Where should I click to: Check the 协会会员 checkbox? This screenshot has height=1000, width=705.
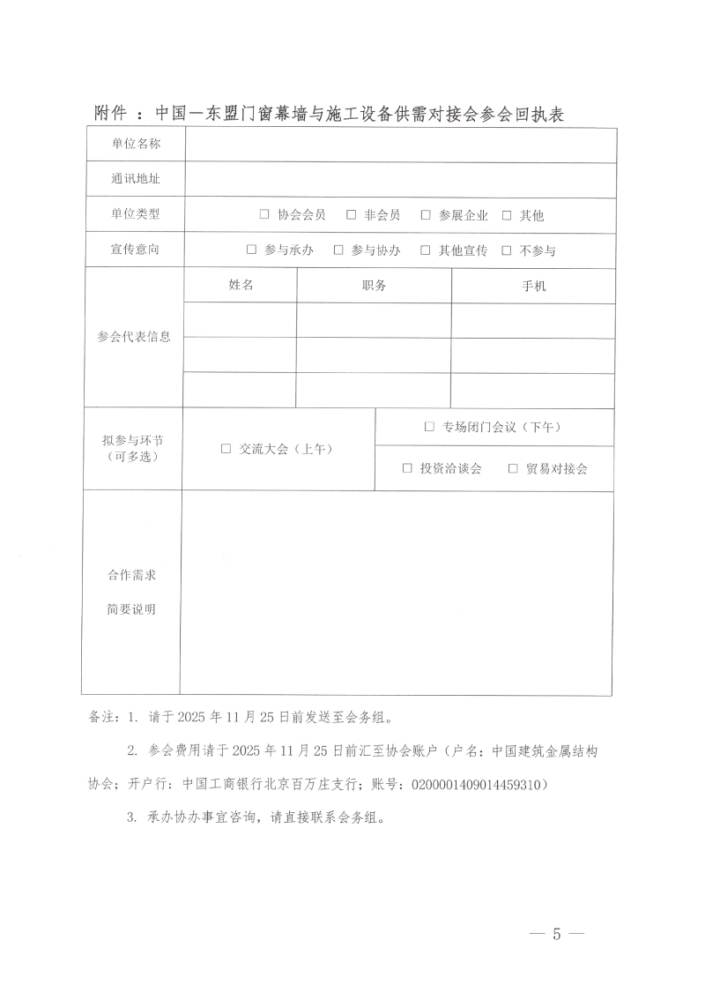click(x=264, y=214)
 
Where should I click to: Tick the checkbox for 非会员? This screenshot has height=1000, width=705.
click(x=351, y=214)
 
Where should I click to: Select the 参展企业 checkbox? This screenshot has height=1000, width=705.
click(x=425, y=214)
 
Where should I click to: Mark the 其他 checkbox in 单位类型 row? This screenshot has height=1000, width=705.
click(x=507, y=214)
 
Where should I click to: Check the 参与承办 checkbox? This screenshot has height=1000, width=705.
click(x=251, y=250)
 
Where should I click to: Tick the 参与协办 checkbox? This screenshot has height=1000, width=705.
click(x=338, y=250)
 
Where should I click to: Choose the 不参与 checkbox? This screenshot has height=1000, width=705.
click(x=507, y=250)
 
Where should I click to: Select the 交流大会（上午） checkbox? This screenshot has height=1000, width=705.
click(x=226, y=449)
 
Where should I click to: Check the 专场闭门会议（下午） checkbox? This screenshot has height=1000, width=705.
click(x=429, y=427)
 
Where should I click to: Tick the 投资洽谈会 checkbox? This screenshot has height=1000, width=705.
click(x=407, y=468)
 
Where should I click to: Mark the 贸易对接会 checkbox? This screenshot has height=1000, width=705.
click(x=513, y=468)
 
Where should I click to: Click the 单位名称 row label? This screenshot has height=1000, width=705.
click(x=135, y=145)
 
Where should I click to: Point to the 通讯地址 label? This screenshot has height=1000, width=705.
click(x=135, y=179)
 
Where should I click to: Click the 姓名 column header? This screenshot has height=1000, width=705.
click(x=241, y=285)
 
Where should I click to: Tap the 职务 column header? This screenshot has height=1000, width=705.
click(x=374, y=285)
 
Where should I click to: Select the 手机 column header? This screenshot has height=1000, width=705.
click(x=534, y=286)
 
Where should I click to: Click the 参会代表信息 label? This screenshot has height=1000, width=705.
click(x=134, y=337)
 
